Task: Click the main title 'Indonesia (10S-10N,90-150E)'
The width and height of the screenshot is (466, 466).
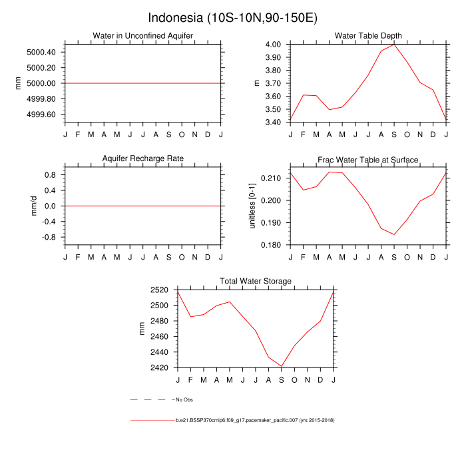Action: pyautogui.click(x=233, y=17)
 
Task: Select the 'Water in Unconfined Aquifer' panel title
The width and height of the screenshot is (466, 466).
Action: pyautogui.click(x=143, y=36)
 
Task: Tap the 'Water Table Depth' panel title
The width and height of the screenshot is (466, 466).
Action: pyautogui.click(x=368, y=36)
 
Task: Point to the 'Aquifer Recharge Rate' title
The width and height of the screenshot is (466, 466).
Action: pyautogui.click(x=143, y=159)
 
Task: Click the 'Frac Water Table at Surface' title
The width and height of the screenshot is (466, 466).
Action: pyautogui.click(x=368, y=160)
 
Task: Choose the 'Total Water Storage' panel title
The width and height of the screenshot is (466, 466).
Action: pyautogui.click(x=256, y=282)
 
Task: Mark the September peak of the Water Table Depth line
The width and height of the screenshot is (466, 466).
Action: pyautogui.click(x=395, y=44)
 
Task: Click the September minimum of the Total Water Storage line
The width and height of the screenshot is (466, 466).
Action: pyautogui.click(x=282, y=367)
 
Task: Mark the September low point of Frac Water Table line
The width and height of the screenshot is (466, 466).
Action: pyautogui.click(x=395, y=234)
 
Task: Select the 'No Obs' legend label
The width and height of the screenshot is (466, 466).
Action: pyautogui.click(x=184, y=399)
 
